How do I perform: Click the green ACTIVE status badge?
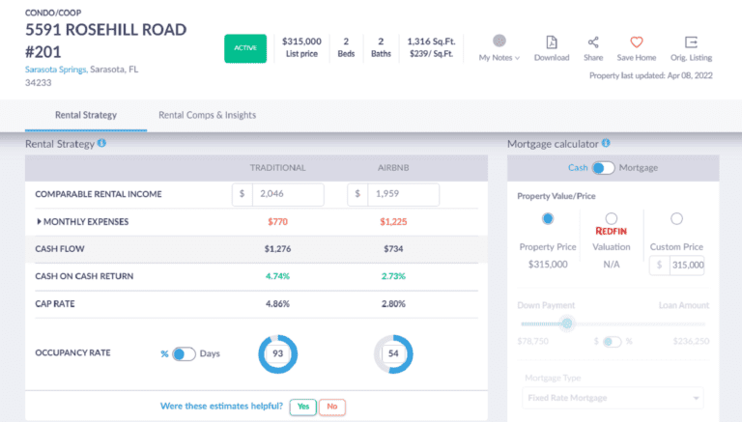click(245, 48)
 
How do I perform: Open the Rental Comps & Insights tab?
click(208, 115)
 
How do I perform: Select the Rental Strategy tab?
click(85, 115)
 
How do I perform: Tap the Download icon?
click(551, 42)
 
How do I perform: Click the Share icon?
click(593, 42)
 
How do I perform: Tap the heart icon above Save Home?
click(637, 42)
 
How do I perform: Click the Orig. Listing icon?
click(691, 42)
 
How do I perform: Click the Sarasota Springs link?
click(56, 70)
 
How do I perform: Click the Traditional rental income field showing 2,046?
click(286, 194)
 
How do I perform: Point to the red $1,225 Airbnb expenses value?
click(393, 222)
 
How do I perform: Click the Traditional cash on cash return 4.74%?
click(277, 276)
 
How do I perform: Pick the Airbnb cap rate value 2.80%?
click(393, 303)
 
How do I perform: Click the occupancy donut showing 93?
click(277, 354)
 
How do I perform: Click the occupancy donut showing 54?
click(393, 354)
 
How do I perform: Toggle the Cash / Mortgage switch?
click(604, 168)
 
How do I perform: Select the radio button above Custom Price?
click(676, 218)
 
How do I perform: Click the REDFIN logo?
click(612, 233)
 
